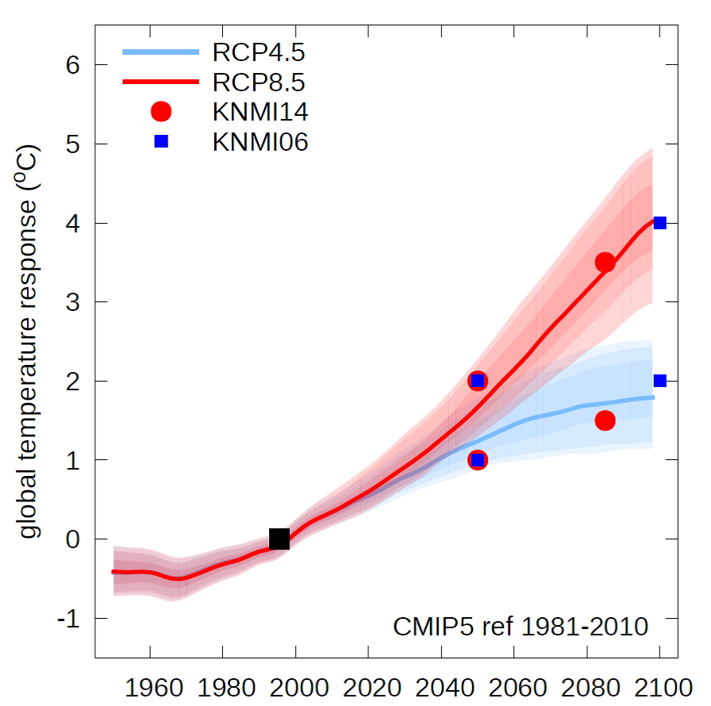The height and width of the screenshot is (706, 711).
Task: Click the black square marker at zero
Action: [x=279, y=539]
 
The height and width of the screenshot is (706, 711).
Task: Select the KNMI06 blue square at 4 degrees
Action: [x=659, y=223]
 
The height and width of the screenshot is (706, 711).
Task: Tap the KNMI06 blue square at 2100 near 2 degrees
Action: [x=659, y=381]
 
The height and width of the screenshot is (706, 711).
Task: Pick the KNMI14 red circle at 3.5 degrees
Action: [x=605, y=263]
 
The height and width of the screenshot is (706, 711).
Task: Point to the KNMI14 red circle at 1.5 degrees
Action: [x=605, y=420]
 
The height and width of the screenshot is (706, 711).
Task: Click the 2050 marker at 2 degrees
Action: [x=477, y=381]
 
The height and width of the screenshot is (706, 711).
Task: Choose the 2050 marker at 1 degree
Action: [x=477, y=460]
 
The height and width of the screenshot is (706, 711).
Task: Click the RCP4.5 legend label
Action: [x=259, y=53]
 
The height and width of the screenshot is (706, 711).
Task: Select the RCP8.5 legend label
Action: [x=259, y=82]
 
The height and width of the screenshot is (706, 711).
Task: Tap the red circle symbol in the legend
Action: [x=161, y=112]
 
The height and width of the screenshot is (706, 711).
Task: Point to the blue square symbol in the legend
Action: [x=161, y=141]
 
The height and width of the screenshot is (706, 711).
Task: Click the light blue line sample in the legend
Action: [x=160, y=53]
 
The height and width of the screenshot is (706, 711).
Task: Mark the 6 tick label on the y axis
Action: [x=74, y=65]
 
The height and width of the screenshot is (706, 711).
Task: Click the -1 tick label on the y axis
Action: [x=69, y=619]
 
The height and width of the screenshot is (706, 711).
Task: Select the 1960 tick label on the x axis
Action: [x=150, y=685]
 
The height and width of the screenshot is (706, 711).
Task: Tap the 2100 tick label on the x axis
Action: [x=659, y=685]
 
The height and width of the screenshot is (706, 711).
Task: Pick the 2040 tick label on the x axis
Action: [x=441, y=685]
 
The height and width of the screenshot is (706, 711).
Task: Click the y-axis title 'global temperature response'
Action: [x=31, y=341]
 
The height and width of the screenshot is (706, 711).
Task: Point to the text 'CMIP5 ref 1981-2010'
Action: [x=521, y=627]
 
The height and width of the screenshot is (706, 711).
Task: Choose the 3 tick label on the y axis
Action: [x=74, y=302]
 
